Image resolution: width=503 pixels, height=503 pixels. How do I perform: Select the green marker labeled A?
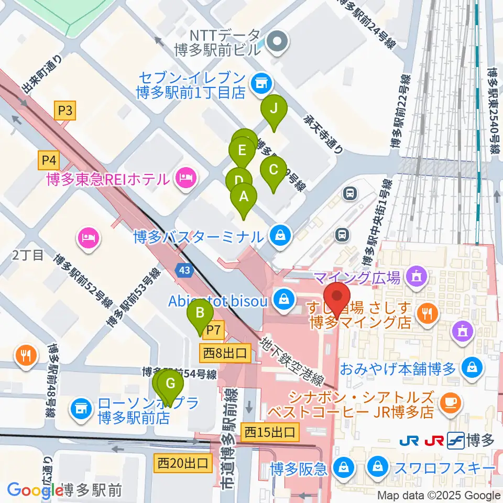click(243, 198)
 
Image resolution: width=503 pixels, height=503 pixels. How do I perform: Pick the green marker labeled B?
click(200, 314)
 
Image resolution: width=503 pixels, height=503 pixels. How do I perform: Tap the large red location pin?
click(337, 298)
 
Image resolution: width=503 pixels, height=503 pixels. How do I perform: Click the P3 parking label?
click(65, 111)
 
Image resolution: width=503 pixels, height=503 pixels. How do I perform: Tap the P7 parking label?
click(214, 331)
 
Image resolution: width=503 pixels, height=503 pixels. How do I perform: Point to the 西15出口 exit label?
click(270, 433)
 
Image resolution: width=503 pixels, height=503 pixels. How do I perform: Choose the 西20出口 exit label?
click(183, 463)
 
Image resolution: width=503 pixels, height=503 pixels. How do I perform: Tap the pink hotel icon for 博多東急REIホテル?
click(184, 179)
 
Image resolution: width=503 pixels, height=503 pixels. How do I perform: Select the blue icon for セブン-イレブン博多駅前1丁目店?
click(260, 82)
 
